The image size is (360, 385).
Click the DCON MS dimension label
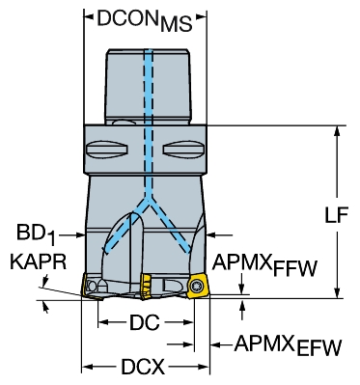pyautogui.click(x=145, y=20)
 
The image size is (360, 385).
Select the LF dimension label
pyautogui.click(x=337, y=215)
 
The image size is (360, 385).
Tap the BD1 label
pyautogui.click(x=36, y=234)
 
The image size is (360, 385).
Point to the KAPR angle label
pyautogui.click(x=39, y=261)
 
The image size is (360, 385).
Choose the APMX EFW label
pyautogui.click(x=288, y=345)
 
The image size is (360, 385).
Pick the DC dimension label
pyautogui.click(x=145, y=322)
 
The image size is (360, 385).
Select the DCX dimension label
pyautogui.click(x=143, y=367)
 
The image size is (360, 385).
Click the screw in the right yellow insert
pyautogui.click(x=196, y=285)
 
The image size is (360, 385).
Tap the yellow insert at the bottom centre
pyautogui.click(x=146, y=286)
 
